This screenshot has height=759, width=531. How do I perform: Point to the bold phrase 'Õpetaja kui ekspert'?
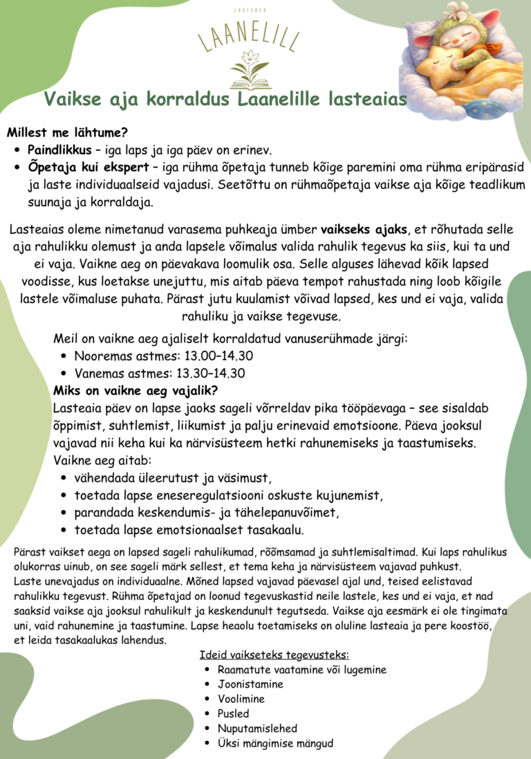86,167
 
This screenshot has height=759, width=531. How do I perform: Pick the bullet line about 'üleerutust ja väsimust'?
172,478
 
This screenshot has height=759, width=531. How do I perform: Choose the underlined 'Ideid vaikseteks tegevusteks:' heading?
274,655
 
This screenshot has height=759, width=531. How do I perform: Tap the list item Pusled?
233,713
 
